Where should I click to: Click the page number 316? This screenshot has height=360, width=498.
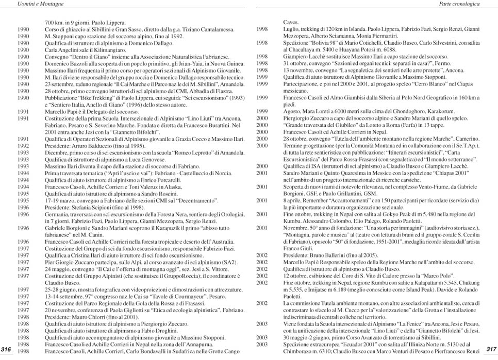(7, 350)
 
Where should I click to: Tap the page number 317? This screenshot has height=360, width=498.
(491, 350)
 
